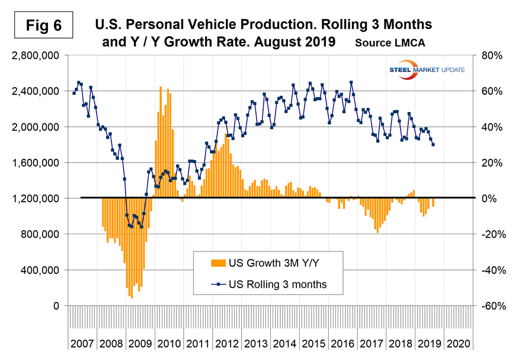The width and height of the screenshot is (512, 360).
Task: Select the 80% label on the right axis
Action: click(489, 56)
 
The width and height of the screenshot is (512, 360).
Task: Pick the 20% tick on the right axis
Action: click(489, 163)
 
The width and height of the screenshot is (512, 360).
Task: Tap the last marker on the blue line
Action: click(433, 145)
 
